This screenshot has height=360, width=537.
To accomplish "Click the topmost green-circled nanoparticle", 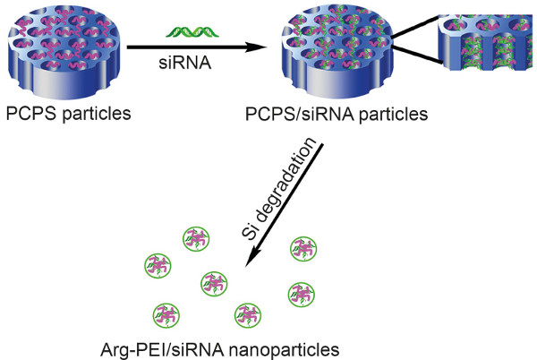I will tap(195, 238).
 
